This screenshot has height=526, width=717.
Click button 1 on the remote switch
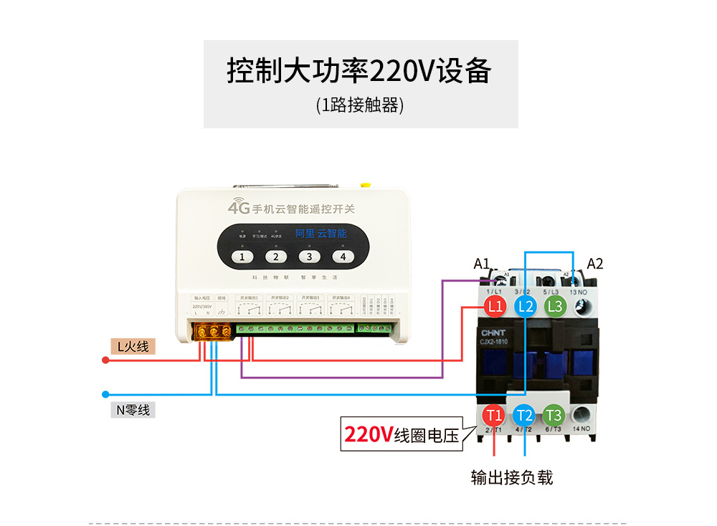[242, 257]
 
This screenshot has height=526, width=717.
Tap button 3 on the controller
[310, 257]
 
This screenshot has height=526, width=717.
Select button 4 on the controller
[343, 257]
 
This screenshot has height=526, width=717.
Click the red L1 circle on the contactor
[494, 307]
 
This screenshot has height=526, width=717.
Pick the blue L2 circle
[524, 307]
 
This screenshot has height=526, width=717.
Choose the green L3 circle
[554, 307]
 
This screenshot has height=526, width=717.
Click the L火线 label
[133, 347]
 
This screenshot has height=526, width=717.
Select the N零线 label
[133, 410]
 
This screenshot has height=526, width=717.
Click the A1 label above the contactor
[481, 264]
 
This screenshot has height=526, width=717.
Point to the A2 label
[595, 264]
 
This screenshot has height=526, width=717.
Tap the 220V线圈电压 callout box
[402, 435]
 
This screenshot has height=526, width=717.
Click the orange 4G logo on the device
[238, 209]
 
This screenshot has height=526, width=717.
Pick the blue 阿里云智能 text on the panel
[321, 233]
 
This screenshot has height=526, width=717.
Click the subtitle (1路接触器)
[360, 105]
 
